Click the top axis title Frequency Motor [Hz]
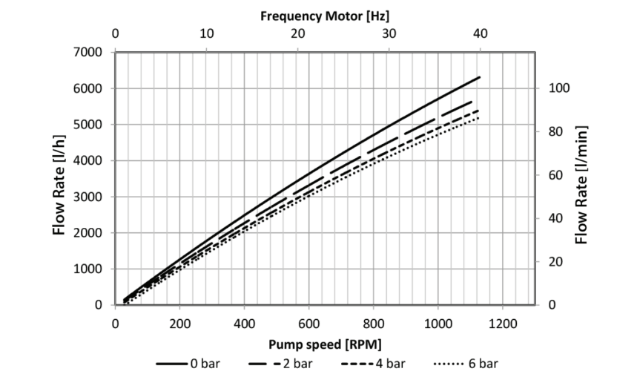point(324,14)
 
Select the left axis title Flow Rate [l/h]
point(59,179)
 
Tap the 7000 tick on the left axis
point(88,52)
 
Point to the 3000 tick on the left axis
point(88,197)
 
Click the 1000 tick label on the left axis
point(88,269)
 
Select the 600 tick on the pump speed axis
point(308,324)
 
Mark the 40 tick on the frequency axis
point(480,33)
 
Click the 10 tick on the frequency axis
point(207,33)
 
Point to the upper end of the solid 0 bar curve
point(480,77)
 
